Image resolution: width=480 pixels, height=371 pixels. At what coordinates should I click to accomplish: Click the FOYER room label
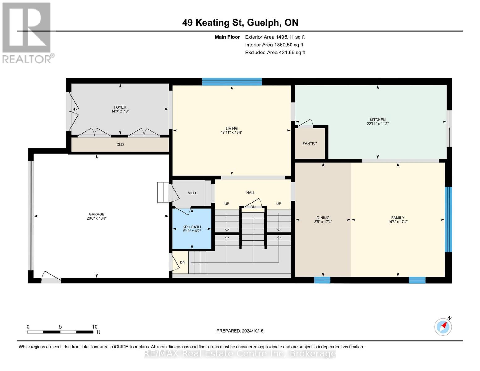click(x=120, y=107)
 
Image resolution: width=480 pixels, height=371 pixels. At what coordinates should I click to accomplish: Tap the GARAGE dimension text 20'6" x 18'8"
click(x=96, y=218)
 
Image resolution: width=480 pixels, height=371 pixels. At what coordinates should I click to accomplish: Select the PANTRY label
click(x=310, y=143)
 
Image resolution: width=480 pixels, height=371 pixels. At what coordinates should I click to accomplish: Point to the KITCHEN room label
click(x=377, y=120)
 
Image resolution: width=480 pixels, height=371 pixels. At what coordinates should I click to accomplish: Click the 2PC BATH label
click(x=192, y=227)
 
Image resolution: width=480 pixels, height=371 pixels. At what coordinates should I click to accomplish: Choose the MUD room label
click(x=192, y=193)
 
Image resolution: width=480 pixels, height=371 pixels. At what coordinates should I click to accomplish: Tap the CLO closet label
click(x=120, y=144)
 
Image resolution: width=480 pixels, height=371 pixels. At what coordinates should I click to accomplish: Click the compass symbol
click(x=443, y=327)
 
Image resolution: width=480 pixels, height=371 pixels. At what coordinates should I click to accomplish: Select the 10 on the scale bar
click(x=95, y=326)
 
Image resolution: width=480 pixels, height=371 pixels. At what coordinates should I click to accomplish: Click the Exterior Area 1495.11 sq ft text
click(x=275, y=37)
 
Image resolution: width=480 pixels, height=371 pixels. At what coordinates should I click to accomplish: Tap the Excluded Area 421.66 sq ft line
click(x=275, y=53)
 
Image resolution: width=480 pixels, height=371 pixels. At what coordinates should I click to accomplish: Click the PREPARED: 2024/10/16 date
click(x=240, y=331)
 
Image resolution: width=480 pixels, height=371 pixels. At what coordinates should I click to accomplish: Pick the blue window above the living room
click(x=232, y=82)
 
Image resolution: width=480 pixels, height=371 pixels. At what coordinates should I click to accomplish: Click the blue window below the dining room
click(x=322, y=280)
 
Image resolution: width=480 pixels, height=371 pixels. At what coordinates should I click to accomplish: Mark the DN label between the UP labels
click(x=253, y=207)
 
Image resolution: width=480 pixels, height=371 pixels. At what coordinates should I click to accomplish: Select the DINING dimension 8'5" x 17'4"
click(x=323, y=222)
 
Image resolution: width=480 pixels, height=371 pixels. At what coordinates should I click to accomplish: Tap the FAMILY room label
click(x=397, y=218)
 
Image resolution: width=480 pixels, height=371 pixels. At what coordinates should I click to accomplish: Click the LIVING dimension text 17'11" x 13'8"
click(x=232, y=133)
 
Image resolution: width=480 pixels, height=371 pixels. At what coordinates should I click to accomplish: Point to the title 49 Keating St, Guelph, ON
click(x=240, y=23)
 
